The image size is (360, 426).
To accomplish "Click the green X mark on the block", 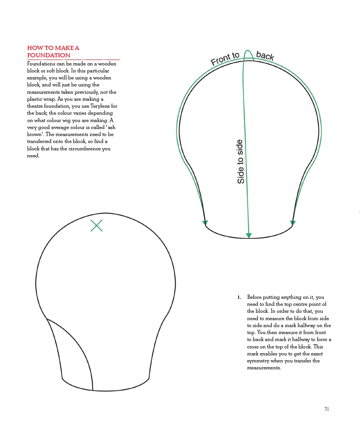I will [96, 226].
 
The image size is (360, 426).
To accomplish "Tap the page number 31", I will [327, 409].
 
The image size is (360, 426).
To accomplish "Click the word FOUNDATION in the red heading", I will [49, 55].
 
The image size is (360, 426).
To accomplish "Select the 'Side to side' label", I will [241, 162].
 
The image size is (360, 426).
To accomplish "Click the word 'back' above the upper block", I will [265, 56].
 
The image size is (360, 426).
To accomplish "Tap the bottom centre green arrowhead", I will [249, 236].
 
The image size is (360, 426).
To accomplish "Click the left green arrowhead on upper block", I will [205, 223].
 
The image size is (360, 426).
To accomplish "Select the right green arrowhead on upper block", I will [293, 223].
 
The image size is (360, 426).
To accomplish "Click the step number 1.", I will [239, 297].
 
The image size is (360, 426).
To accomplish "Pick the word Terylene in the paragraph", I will [100, 106].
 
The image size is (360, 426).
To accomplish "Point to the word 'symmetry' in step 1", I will [258, 361].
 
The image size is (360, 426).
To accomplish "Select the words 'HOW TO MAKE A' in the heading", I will [53, 48].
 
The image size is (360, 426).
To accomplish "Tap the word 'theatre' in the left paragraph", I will [36, 106].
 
